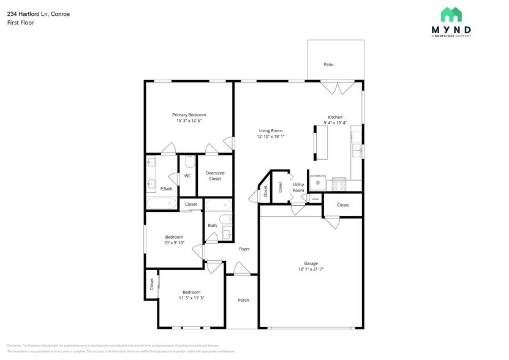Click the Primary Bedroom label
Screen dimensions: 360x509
(x=189, y=114)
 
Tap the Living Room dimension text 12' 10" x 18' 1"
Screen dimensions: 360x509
(x=270, y=137)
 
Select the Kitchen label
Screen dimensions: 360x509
(x=335, y=117)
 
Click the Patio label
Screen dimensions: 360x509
(x=328, y=64)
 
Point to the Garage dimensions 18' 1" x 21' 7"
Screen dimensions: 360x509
(x=311, y=269)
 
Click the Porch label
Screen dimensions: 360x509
(x=243, y=300)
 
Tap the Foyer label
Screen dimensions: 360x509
(x=244, y=249)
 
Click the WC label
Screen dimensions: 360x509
(x=187, y=176)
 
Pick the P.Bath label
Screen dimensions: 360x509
(x=166, y=189)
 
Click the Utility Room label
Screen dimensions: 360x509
(x=298, y=187)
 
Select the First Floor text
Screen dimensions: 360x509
(x=21, y=23)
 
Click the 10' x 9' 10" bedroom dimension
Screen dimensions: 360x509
(x=174, y=243)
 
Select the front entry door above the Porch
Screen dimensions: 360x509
(x=241, y=269)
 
